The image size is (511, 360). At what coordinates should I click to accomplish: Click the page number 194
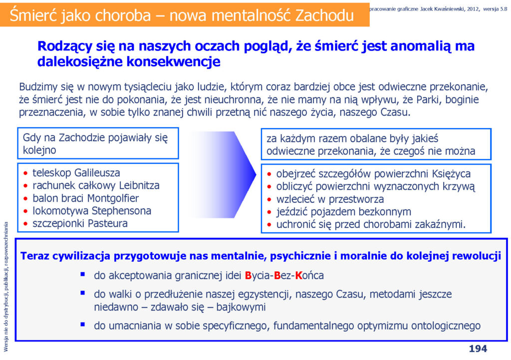[x=478, y=349]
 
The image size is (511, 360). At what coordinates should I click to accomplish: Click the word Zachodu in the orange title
[x=324, y=15]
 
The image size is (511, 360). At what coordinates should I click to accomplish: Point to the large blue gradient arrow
[x=222, y=175]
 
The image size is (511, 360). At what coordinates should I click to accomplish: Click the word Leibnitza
[x=139, y=185]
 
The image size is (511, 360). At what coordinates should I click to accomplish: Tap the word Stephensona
[x=121, y=211]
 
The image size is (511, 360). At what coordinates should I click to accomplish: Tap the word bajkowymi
[x=241, y=307]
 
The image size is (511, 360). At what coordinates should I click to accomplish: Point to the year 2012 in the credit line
[x=473, y=9]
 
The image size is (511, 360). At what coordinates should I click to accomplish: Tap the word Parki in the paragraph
[x=427, y=99]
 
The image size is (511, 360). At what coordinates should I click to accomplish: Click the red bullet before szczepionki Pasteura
[x=26, y=224]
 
